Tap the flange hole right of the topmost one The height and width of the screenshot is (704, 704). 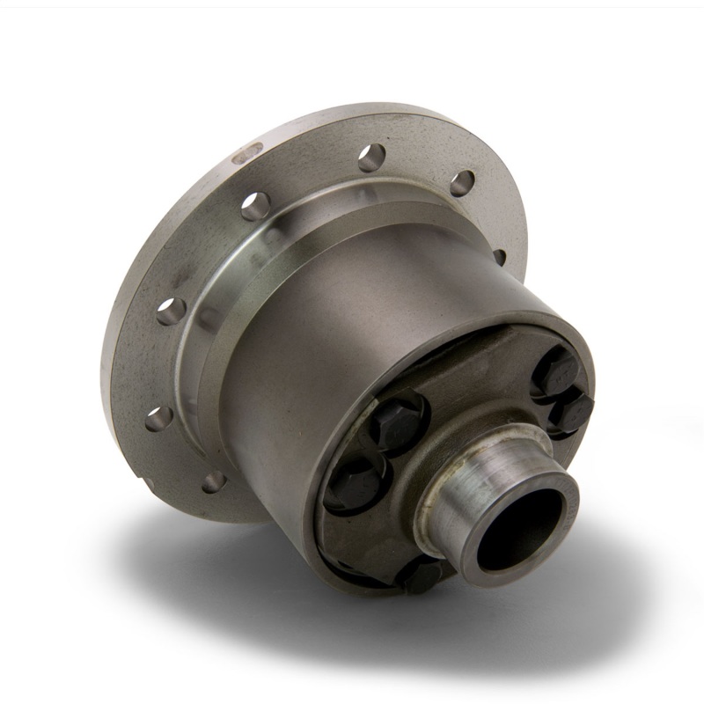pyautogui.click(x=461, y=181)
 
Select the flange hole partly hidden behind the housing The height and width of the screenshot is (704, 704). pyautogui.click(x=499, y=256)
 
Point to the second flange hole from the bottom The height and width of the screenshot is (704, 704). pyautogui.click(x=158, y=418)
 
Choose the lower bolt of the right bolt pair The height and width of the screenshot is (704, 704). pyautogui.click(x=573, y=410)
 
